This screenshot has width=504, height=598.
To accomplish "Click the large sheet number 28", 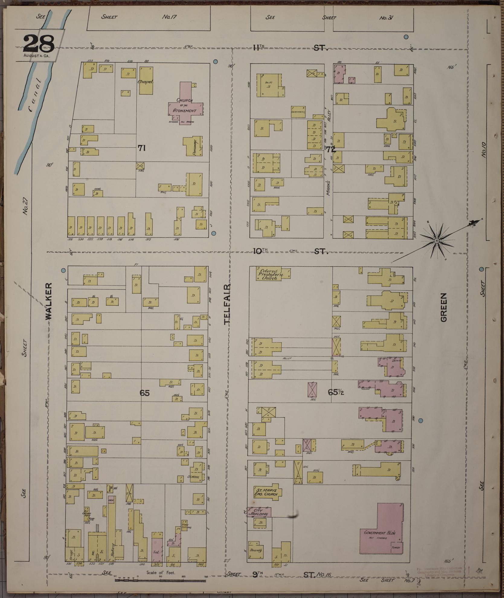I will point(38,44).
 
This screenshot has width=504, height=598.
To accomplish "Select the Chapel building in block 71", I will point(146,81).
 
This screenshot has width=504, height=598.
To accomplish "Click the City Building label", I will point(259,512).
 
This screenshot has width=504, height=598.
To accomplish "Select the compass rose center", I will point(436,241).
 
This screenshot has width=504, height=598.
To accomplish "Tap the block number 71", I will point(142,148).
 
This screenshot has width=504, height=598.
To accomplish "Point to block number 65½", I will point(336,393).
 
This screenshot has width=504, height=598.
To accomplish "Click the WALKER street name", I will point(49,301).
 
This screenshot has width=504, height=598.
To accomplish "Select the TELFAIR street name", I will point(227,304).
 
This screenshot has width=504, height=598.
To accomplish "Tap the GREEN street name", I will point(443,307).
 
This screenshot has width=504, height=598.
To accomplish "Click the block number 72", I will point(331,149).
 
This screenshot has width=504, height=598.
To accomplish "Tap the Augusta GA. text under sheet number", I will point(37,56).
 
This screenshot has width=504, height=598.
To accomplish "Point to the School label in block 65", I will point(193,477).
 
